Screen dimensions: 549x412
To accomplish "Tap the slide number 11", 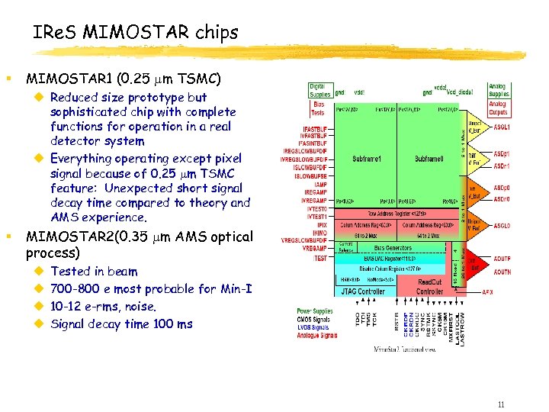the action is click(x=500, y=404).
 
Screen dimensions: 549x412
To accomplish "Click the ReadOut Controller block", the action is click(x=430, y=287).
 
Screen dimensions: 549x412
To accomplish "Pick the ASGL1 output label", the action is click(x=502, y=127).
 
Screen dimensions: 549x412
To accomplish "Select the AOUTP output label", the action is click(x=502, y=259).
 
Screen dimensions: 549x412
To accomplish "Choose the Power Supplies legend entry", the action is click(x=316, y=311).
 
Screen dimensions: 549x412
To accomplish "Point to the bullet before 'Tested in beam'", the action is click(x=39, y=272).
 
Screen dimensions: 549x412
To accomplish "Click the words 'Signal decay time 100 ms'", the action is click(x=121, y=323).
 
